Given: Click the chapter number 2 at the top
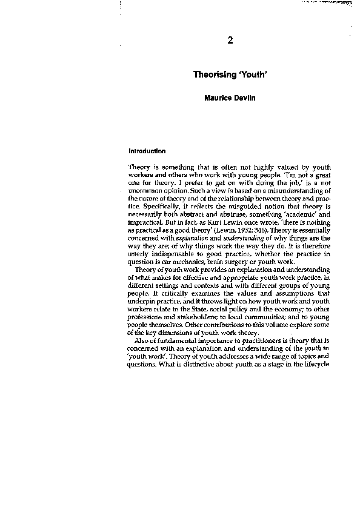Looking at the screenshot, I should (230, 41).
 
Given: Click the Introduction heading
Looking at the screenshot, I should (147, 151).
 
